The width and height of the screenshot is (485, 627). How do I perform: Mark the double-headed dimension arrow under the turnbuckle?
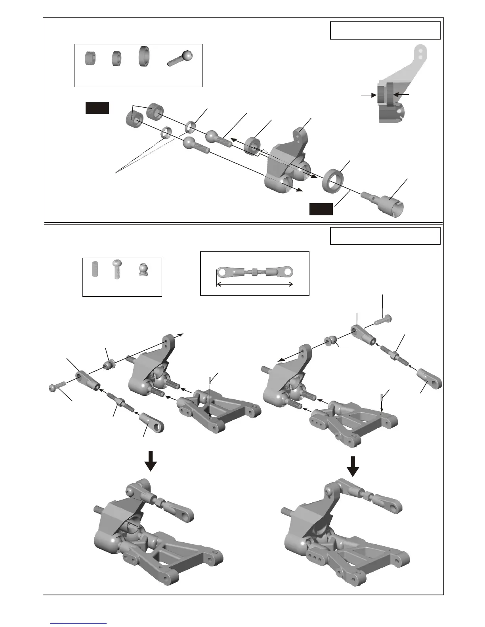tap(254, 283)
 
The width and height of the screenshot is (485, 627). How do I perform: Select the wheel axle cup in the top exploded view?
tap(386, 202)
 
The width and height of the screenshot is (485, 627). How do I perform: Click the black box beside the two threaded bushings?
tap(97, 108)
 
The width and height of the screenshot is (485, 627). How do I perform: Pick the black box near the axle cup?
tap(321, 209)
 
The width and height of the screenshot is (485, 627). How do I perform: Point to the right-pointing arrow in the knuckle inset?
tap(368, 95)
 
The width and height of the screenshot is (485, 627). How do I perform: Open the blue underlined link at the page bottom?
tap(79, 623)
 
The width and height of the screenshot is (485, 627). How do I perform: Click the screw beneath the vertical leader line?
tap(382, 319)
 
